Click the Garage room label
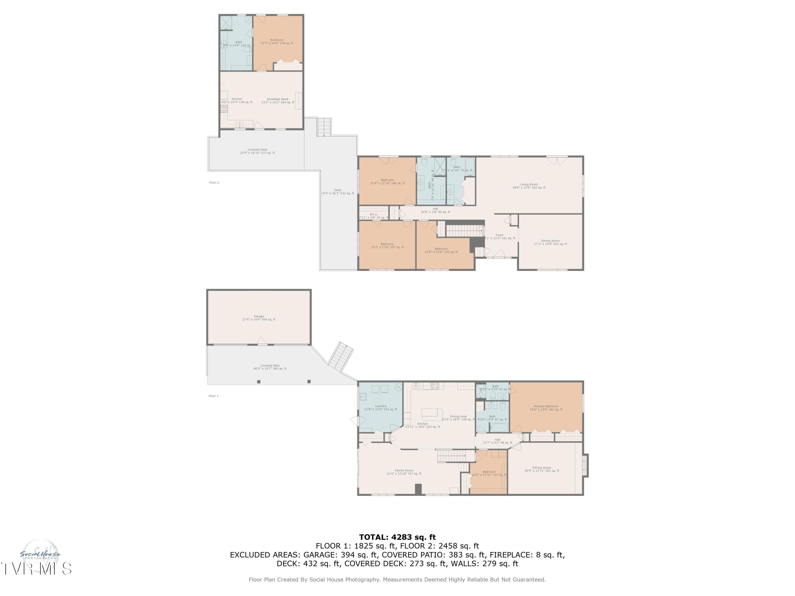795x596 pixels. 259,318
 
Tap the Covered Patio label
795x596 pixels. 270,367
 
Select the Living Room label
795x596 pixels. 529,186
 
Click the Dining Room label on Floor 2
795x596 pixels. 550,242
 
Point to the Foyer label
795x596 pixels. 500,236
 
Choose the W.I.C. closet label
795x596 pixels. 374,216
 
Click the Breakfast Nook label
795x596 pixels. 277,101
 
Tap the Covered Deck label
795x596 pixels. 257,151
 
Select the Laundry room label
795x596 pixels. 381,407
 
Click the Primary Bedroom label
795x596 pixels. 546,408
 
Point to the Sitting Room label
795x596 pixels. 542,469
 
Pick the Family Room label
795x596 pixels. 404,472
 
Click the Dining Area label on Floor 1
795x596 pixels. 458,418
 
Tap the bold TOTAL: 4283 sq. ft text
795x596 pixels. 397,537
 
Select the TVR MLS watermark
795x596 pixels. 36,569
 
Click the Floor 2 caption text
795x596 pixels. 214,183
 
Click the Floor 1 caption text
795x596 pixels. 214,396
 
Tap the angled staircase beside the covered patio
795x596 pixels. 340,356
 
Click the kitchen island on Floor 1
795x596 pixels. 432,414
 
